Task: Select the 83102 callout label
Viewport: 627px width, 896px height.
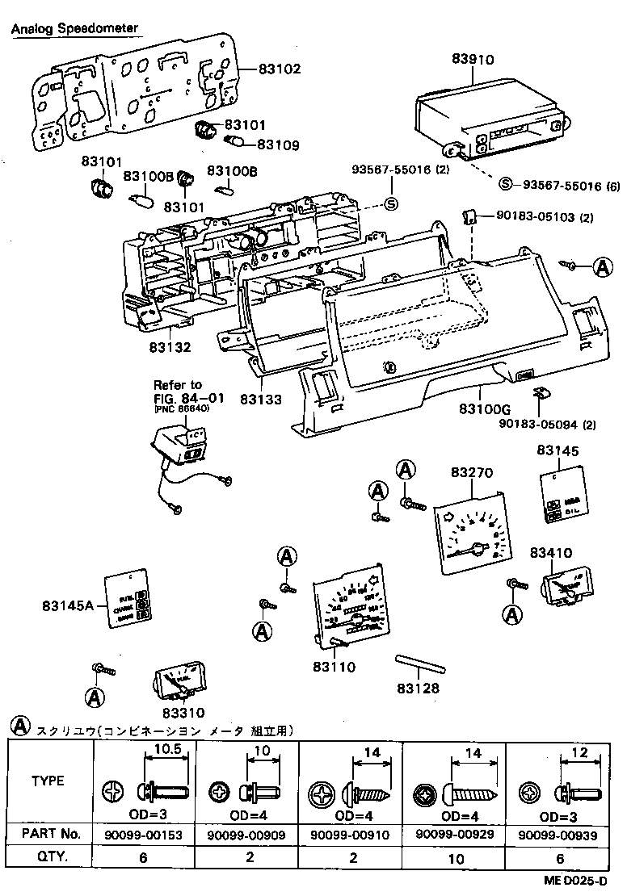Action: [280, 69]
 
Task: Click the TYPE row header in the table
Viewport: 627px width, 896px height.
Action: [48, 781]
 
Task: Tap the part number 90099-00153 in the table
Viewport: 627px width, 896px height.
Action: [144, 833]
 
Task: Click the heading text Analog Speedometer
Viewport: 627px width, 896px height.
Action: [74, 29]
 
